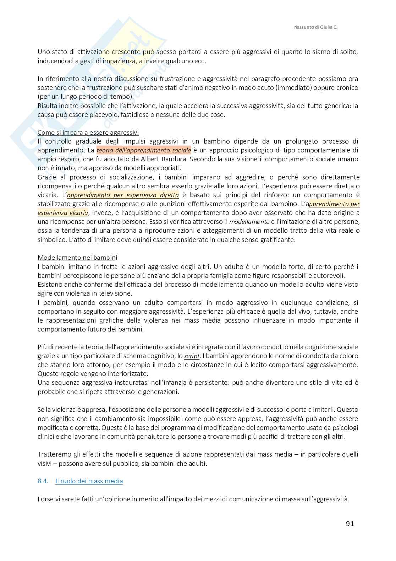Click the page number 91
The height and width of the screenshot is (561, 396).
[350, 523]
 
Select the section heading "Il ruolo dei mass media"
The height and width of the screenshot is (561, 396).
[89, 481]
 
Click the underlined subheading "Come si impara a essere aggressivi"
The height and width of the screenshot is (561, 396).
[88, 133]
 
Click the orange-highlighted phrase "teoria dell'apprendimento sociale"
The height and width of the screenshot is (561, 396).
[144, 150]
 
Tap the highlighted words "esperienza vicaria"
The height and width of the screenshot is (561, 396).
[63, 213]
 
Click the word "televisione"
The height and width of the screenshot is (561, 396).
[116, 293]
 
